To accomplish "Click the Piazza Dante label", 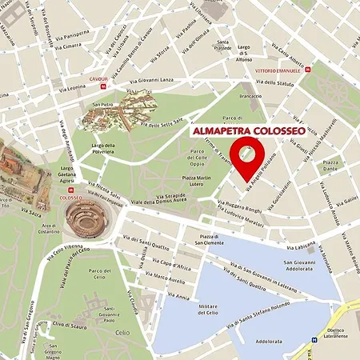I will pyautogui.click(x=330, y=165).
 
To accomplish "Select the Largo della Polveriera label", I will pyautogui.click(x=104, y=148).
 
